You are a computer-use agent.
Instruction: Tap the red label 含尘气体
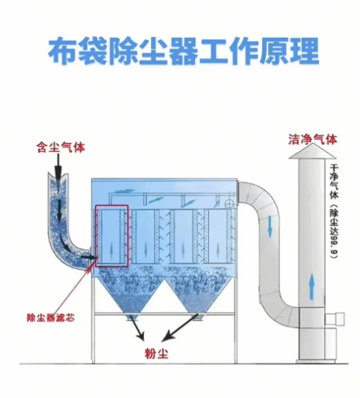(x=61, y=147)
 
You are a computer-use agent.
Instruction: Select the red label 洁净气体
(x=313, y=139)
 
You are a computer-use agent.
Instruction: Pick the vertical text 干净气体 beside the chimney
(x=334, y=179)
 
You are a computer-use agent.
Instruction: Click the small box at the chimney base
(x=341, y=319)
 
